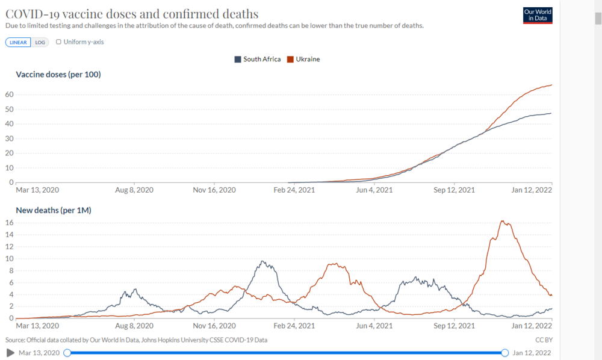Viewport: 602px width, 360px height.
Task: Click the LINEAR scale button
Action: point(19,42)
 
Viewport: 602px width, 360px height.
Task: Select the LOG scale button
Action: point(40,42)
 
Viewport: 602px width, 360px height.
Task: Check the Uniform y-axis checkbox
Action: point(58,42)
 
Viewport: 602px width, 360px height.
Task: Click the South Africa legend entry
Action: point(257,59)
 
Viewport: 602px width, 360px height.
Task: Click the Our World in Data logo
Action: point(538,16)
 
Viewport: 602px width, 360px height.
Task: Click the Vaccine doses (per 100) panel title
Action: point(58,75)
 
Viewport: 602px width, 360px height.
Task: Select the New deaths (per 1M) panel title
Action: point(53,210)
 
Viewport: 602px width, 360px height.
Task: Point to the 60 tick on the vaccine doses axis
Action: point(10,95)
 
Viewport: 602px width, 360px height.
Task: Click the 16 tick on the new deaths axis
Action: point(10,223)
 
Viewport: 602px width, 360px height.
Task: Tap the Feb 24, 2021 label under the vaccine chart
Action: point(295,190)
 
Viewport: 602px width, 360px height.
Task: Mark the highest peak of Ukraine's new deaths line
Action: point(503,221)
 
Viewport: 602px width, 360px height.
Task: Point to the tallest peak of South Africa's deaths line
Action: point(262,261)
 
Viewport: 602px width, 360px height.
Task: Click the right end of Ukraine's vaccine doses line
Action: point(551,85)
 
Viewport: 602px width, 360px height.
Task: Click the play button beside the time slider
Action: point(10,352)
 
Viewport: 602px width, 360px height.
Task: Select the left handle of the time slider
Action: point(67,352)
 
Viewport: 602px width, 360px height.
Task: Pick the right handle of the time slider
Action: point(504,352)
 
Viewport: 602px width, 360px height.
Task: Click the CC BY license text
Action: point(544,340)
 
